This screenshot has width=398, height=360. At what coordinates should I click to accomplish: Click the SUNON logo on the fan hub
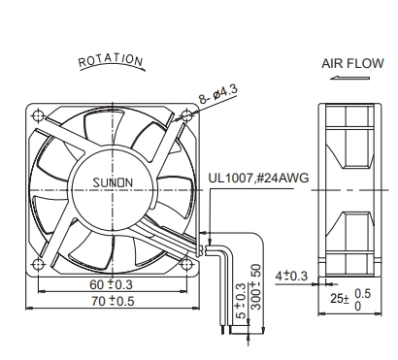tap(113, 182)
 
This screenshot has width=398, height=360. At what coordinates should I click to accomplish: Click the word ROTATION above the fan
tap(111, 60)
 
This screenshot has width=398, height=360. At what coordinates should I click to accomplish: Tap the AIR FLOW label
tap(352, 63)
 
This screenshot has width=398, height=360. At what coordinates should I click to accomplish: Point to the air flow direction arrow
tap(349, 78)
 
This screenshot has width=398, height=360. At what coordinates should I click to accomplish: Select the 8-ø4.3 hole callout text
tap(218, 94)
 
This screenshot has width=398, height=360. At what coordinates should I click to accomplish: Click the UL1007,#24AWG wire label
tap(258, 178)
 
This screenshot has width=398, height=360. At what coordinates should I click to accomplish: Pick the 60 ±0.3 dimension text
tap(111, 284)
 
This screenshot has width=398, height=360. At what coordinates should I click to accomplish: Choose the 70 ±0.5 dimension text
tap(113, 302)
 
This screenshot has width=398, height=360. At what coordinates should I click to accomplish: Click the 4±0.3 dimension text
tap(291, 277)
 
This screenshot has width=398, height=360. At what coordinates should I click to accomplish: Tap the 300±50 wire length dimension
tap(256, 287)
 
